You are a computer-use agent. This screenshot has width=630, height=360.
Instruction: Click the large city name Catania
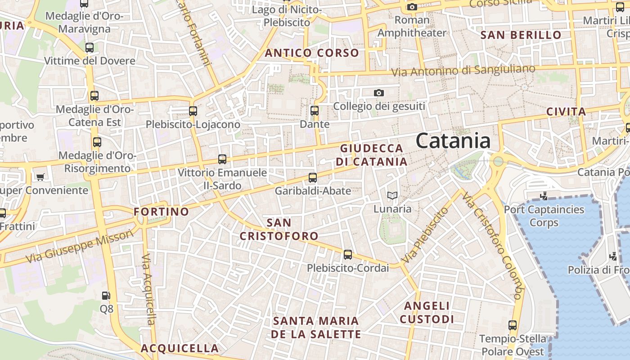point(453,141)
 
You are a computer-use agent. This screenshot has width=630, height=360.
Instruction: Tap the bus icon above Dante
point(315,110)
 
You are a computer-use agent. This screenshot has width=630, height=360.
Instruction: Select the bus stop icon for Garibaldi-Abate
point(313,178)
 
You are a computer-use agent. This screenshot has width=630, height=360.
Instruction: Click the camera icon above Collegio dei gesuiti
point(379,93)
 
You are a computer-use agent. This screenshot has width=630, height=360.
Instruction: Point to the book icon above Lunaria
point(392,195)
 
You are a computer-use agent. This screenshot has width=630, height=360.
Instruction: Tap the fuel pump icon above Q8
point(106,296)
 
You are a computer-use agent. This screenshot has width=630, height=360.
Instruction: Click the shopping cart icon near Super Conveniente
point(40,177)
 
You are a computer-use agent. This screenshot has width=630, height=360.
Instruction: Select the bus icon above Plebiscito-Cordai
point(348,255)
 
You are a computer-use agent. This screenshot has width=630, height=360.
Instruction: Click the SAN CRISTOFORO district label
point(279,229)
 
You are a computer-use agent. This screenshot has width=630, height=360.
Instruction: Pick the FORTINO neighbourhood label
point(162,211)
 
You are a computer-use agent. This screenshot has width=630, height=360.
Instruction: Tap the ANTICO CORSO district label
point(312,53)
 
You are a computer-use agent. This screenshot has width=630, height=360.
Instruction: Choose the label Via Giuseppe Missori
point(80,246)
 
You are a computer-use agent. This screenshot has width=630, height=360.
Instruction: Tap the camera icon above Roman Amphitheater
point(412,7)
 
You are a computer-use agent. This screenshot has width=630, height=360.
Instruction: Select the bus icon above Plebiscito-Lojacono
point(193,110)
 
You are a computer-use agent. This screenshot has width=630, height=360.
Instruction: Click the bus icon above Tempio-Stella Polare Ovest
point(512,325)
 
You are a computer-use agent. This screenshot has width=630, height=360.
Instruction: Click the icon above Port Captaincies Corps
point(544,196)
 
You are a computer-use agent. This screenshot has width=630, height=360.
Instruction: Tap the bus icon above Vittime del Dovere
point(90,47)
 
